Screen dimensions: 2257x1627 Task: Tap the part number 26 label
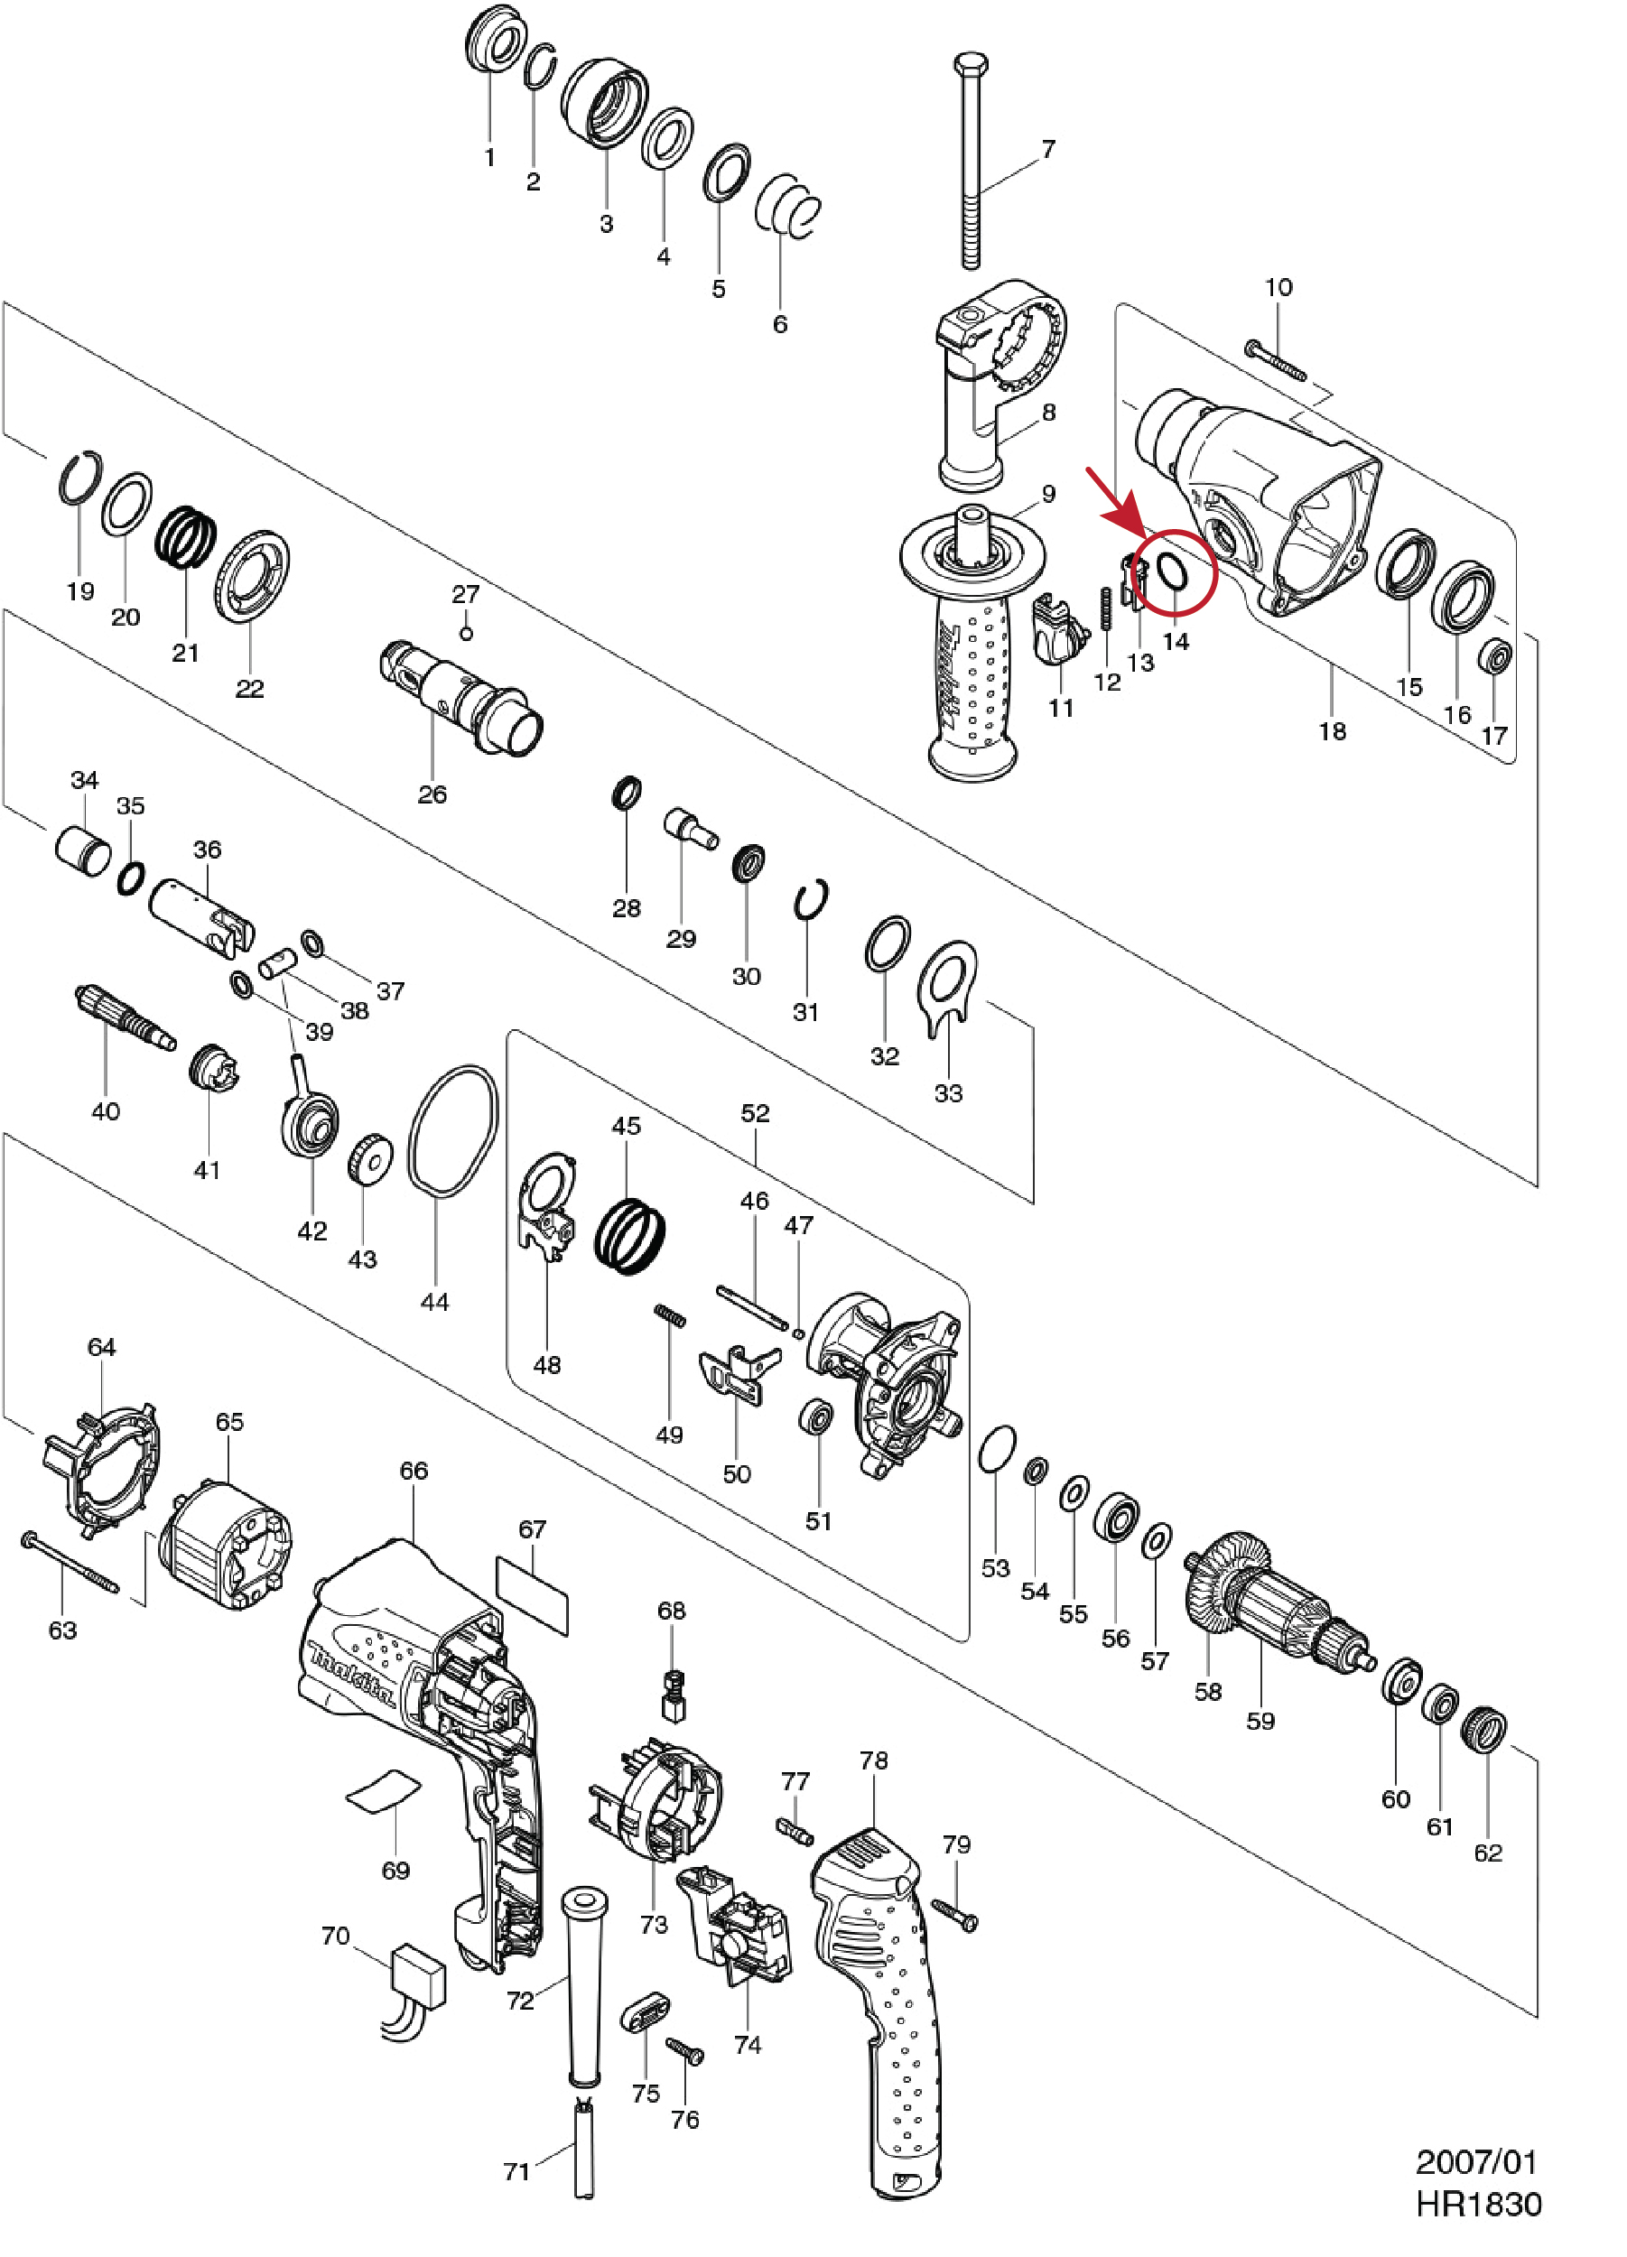pos(432,794)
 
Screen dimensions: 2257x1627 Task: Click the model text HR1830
pos(1478,2205)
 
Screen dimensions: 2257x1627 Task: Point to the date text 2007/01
pos(1475,2161)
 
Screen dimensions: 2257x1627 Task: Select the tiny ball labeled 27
pos(466,634)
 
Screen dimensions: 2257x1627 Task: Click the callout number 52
pos(756,1112)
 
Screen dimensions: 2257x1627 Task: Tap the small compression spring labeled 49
pos(671,1315)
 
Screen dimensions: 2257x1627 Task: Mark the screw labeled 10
pos(1275,360)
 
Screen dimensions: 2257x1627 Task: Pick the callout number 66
pos(413,1470)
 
